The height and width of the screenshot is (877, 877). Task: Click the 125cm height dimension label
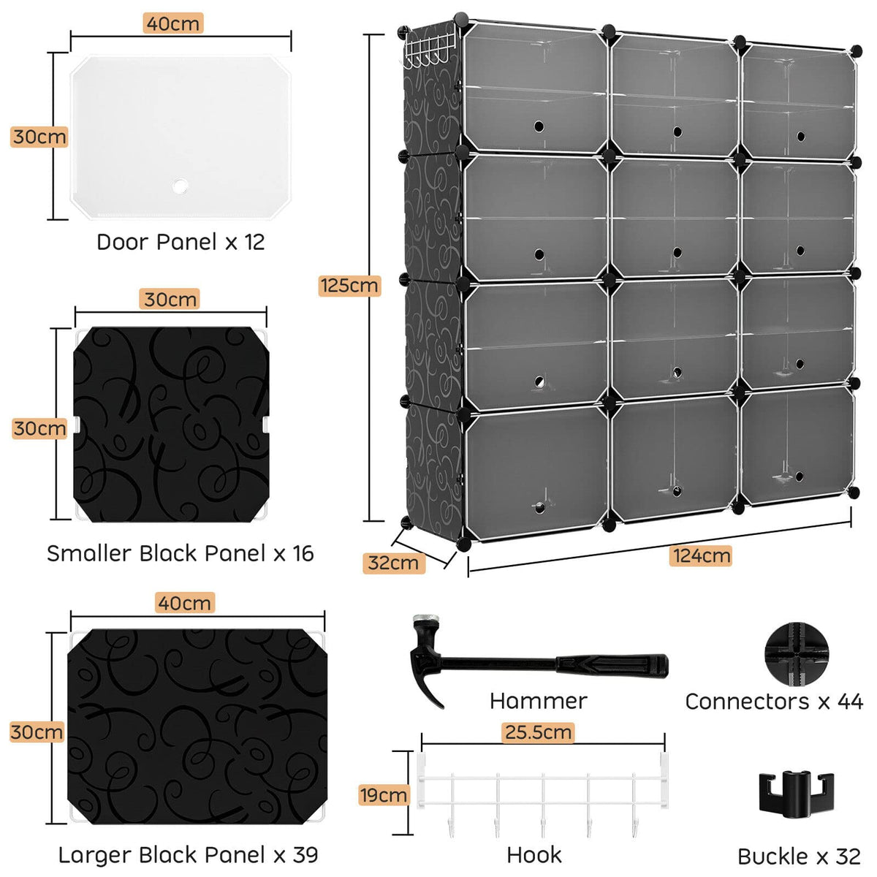pos(349,285)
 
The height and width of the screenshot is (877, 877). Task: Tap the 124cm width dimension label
pos(701,555)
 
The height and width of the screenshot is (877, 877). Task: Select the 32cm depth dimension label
pos(393,563)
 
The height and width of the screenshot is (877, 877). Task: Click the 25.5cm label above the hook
pos(538,732)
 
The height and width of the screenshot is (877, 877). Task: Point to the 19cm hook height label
pos(383,794)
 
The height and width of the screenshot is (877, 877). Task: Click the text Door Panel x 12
pos(181,242)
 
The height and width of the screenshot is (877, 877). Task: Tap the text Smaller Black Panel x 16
pos(181,553)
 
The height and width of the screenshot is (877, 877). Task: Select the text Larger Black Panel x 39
pos(188,854)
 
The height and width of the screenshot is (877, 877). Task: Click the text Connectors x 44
pos(774,702)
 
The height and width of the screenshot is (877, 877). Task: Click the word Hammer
pos(538,701)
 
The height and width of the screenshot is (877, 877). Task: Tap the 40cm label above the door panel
pos(172,23)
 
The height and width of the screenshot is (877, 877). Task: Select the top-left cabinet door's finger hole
pos(539,126)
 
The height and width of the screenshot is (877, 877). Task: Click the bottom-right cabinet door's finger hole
pos(800,477)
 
